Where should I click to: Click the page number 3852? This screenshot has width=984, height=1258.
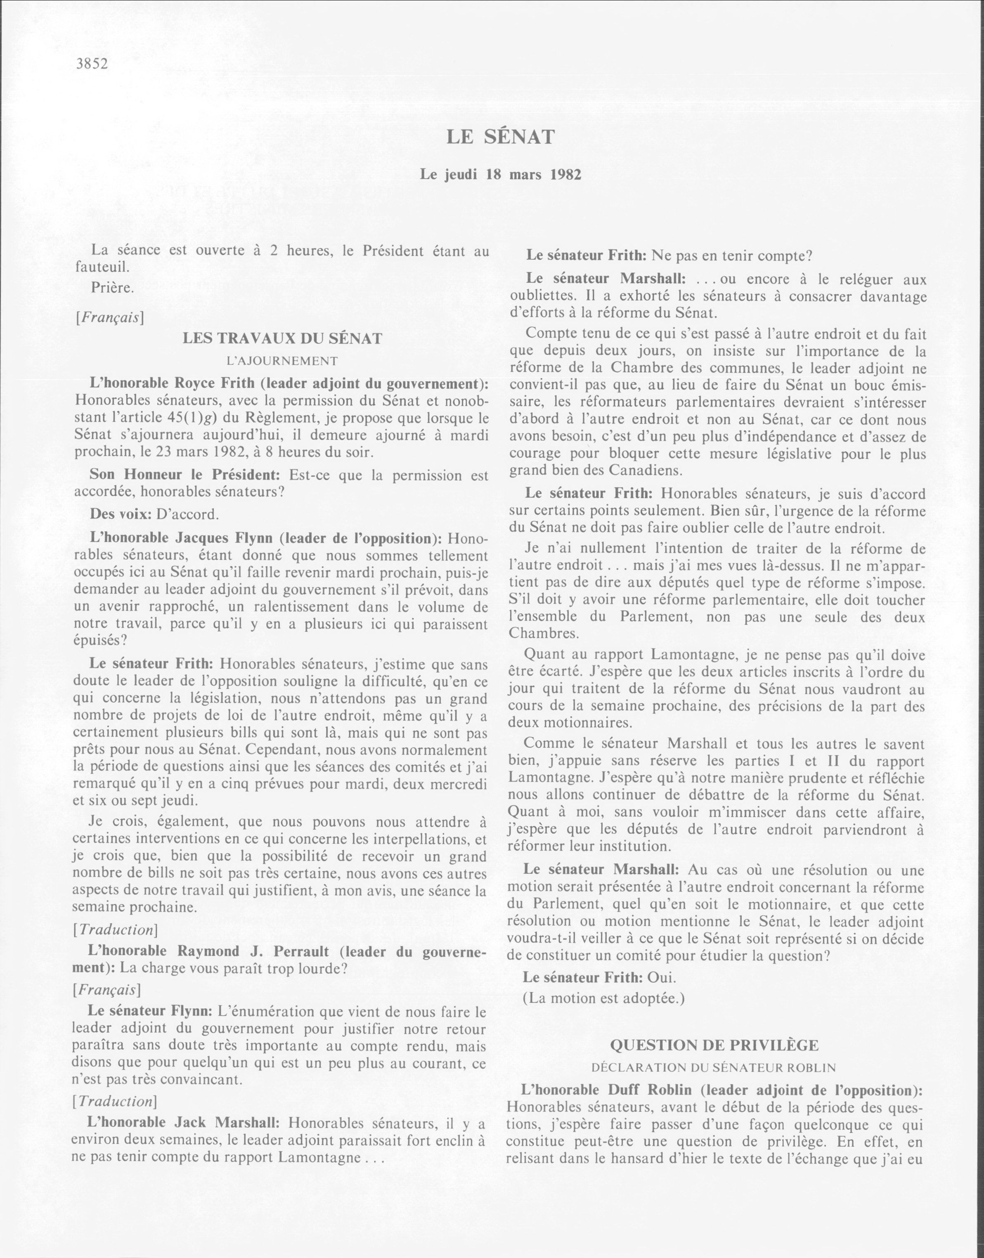point(92,64)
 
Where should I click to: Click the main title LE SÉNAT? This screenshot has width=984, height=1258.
point(500,137)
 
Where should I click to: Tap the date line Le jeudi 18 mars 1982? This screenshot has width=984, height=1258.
point(500,175)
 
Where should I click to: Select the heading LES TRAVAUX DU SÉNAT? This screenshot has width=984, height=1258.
point(282,339)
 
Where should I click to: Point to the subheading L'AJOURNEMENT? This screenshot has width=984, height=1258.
point(282,361)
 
